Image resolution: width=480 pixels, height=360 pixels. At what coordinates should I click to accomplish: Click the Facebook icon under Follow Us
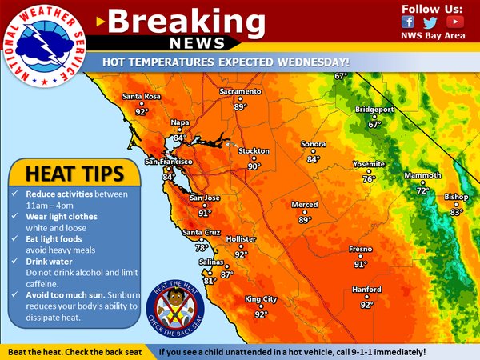coord(409,22)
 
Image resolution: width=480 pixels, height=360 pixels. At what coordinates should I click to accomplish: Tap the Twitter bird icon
coord(431,22)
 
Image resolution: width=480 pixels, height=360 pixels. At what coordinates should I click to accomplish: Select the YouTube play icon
coord(456,22)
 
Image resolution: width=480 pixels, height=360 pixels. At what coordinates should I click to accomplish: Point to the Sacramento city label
coord(241,92)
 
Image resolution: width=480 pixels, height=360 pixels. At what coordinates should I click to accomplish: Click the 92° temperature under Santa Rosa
coord(142,112)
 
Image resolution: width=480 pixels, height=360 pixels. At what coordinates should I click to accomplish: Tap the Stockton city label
coord(254,151)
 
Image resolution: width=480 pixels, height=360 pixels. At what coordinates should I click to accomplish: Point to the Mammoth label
coord(422,175)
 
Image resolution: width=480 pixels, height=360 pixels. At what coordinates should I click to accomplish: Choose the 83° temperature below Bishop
coord(456,212)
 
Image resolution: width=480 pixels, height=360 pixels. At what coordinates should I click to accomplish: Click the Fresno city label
coord(360,249)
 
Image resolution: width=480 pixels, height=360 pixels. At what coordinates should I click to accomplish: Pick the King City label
coord(261,299)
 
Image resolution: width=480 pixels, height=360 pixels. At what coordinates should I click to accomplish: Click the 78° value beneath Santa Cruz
coord(202,248)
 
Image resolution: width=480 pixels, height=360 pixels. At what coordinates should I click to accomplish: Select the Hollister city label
coord(240,239)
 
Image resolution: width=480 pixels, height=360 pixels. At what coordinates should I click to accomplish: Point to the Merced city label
coord(305,205)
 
